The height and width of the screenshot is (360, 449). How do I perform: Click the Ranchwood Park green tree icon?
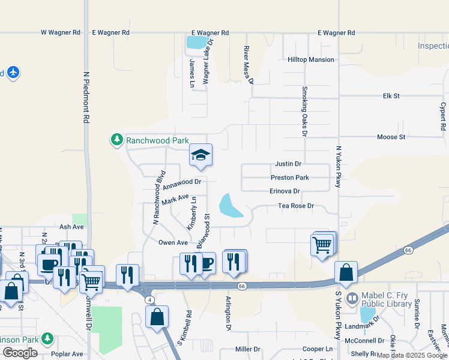point(116,140)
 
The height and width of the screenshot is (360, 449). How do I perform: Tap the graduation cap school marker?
point(200,156)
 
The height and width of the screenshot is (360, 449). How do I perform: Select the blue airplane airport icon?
point(13,73)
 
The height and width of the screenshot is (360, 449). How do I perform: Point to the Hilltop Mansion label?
point(310,60)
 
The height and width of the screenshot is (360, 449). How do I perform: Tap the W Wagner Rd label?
point(60,32)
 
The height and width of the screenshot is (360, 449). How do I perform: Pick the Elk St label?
point(391,95)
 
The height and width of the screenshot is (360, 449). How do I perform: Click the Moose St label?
point(391,137)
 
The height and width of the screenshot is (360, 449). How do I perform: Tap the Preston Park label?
point(289,178)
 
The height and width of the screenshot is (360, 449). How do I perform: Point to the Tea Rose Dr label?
point(296,206)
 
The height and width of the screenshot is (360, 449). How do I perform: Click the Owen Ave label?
point(173,242)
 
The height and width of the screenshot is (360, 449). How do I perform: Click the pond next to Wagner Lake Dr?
point(194,43)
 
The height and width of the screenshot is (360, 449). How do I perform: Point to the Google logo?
point(20,353)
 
